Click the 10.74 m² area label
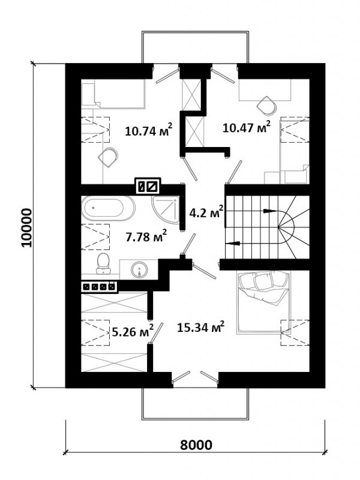(x=148, y=130)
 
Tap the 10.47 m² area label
(x=247, y=127)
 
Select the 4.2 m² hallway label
(x=206, y=212)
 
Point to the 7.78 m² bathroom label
(x=146, y=236)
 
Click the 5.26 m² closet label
(x=133, y=331)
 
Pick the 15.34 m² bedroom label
(x=201, y=328)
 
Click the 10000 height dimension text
(x=26, y=227)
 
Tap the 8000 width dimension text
(x=196, y=445)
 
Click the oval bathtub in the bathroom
(x=108, y=208)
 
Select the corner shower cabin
(x=165, y=209)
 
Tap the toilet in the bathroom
(x=103, y=263)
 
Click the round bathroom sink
(x=139, y=269)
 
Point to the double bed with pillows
(x=263, y=302)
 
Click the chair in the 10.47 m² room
(x=266, y=106)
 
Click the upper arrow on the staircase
(x=269, y=211)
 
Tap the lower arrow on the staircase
(x=232, y=244)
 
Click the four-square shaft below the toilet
(x=99, y=287)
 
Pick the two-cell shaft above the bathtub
(x=148, y=187)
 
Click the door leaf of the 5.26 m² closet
(x=157, y=332)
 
